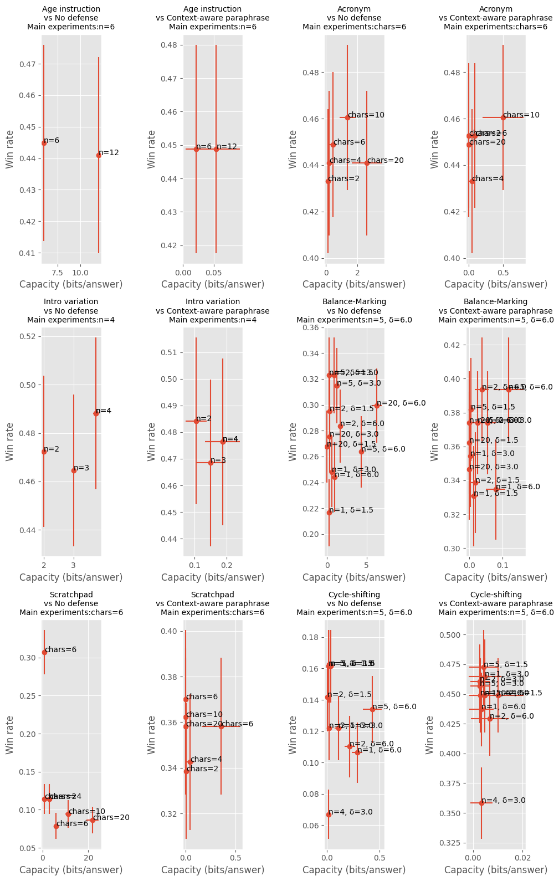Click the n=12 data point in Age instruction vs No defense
click(99, 155)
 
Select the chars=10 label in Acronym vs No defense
click(366, 115)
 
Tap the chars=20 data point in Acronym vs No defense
click(367, 163)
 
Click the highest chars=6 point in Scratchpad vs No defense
click(44, 652)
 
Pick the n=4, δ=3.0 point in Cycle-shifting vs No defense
click(329, 815)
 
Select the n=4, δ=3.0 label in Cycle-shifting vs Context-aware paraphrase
click(503, 801)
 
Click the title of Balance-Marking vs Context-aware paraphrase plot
click(495, 311)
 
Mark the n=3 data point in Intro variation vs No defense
click(74, 470)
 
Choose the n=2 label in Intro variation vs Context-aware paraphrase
click(204, 419)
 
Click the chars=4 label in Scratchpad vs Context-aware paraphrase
click(206, 760)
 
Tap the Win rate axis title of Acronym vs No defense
click(293, 150)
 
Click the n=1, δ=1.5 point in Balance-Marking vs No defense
click(329, 513)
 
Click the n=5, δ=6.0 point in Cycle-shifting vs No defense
click(372, 709)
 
